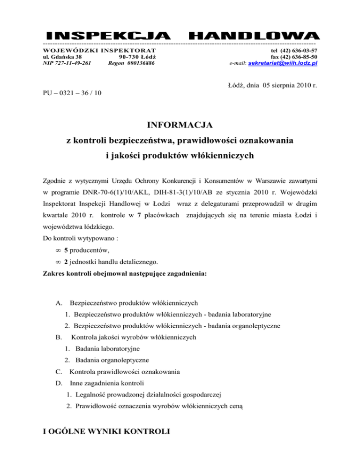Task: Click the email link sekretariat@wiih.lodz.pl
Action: (283, 62)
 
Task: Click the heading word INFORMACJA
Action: (180, 125)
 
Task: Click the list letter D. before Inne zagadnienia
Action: (58, 383)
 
